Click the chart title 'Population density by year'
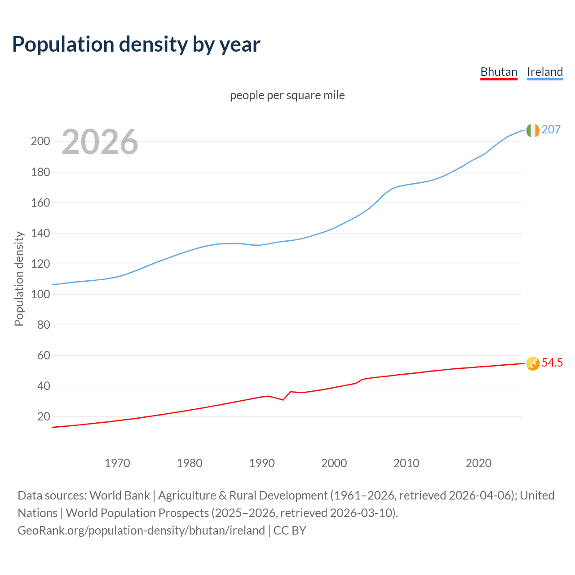136,44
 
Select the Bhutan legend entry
499,72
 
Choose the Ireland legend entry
544,72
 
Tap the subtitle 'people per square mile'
287,95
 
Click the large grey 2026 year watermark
100,142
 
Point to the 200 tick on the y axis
40,142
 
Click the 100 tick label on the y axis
40,294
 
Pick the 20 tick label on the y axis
44,416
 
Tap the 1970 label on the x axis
117,463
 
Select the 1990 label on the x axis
262,463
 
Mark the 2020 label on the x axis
478,463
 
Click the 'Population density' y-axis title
19,279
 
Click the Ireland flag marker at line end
532,130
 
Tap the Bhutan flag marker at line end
532,363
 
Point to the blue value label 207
551,129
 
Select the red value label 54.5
552,363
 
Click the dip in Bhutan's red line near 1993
283,399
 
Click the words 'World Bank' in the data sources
119,495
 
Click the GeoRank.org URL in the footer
141,530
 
